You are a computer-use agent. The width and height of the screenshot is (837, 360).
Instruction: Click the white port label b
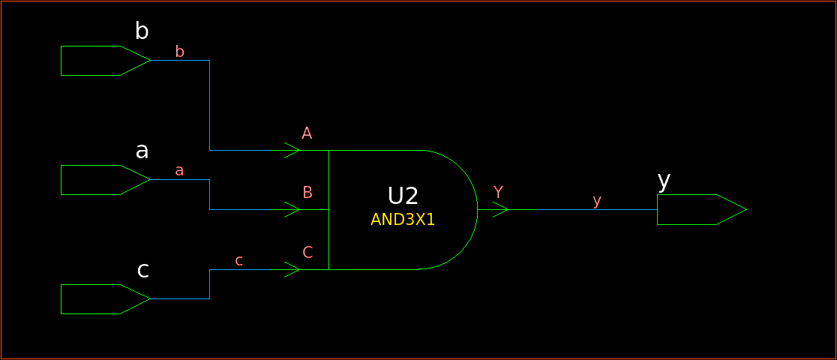coord(142,31)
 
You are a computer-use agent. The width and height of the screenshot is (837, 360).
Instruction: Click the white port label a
coord(142,151)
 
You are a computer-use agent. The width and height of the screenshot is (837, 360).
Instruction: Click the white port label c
coord(142,270)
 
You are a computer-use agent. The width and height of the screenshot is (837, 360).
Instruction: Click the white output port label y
coord(664,180)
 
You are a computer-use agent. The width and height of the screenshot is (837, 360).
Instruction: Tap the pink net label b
coord(179,51)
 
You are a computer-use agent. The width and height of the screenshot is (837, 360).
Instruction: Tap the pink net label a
coord(179,170)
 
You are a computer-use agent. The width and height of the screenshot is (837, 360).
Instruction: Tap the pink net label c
coord(238,260)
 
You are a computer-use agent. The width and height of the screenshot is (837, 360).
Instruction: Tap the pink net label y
coord(597,200)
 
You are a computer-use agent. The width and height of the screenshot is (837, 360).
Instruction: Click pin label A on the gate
coord(307,133)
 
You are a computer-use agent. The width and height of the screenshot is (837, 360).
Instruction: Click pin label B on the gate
coord(307,192)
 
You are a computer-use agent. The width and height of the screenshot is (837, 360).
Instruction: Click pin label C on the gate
coord(307,252)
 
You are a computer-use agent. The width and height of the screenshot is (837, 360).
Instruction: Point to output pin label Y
coord(498,192)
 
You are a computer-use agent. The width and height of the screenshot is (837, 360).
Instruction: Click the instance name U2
coord(403,196)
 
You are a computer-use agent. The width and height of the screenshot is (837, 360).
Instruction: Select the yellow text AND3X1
coord(403,220)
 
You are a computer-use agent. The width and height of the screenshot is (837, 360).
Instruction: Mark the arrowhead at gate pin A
coord(292,150)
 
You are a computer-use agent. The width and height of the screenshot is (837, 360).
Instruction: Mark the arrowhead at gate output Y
coord(500,210)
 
